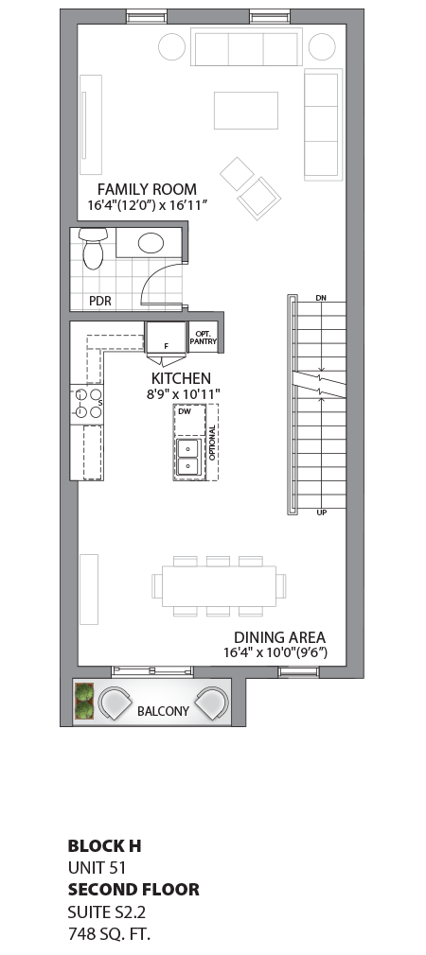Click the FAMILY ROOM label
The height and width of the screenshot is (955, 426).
(x=147, y=189)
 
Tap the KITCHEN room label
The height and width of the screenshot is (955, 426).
(x=181, y=378)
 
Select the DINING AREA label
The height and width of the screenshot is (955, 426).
(x=279, y=637)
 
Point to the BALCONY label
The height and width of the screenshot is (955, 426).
(x=163, y=710)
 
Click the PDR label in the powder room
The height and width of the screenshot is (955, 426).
(x=100, y=301)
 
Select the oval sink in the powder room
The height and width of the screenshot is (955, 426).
(x=151, y=243)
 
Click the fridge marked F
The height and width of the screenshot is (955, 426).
(x=166, y=337)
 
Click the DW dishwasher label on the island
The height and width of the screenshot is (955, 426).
(x=185, y=412)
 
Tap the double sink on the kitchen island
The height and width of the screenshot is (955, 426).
(x=187, y=457)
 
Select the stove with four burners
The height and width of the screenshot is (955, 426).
(x=86, y=404)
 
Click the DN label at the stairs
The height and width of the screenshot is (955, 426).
(x=320, y=299)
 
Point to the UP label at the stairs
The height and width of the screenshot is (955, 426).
(x=320, y=512)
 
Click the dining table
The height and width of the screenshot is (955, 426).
(x=219, y=586)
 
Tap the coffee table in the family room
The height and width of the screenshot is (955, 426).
(x=245, y=110)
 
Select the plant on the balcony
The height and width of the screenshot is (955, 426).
(x=84, y=702)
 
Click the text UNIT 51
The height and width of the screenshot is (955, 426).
(x=97, y=867)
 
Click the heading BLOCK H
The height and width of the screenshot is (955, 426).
(x=104, y=845)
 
